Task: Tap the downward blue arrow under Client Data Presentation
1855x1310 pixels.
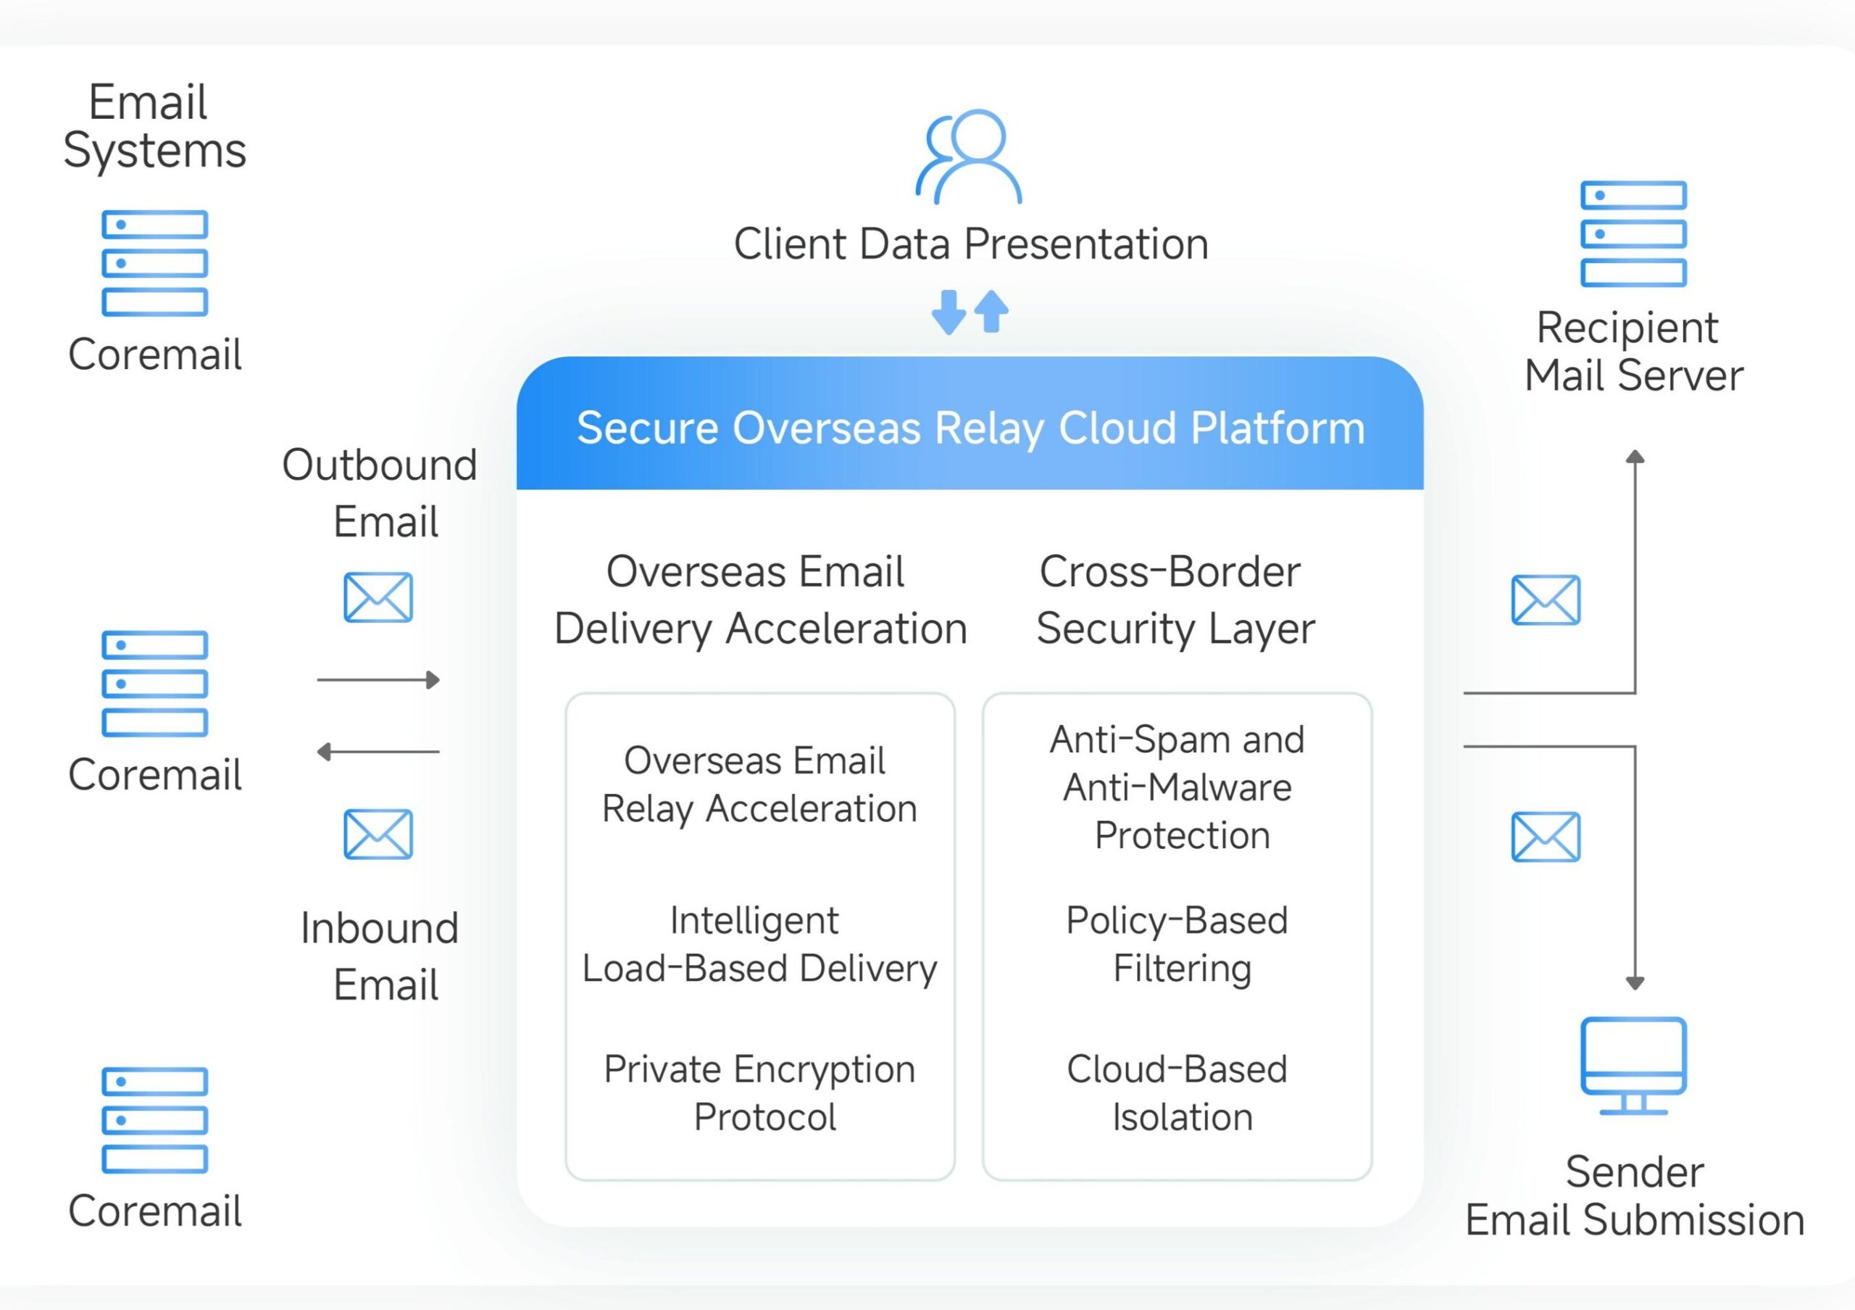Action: pos(949,312)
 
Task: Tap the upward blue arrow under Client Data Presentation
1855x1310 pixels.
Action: pos(991,312)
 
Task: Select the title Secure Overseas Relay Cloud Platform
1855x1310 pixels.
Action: pos(970,428)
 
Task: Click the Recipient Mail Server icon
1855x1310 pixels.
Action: pos(1633,234)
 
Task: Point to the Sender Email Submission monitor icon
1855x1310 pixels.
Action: pos(1633,1065)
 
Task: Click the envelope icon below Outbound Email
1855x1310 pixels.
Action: pos(378,598)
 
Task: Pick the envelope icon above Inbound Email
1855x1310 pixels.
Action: pos(378,834)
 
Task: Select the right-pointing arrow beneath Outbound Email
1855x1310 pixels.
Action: pos(378,681)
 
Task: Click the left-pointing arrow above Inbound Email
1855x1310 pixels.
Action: pos(378,753)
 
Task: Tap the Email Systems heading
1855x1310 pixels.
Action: pos(154,126)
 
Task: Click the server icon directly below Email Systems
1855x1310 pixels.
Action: pos(154,263)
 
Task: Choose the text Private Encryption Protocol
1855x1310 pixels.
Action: pos(760,1093)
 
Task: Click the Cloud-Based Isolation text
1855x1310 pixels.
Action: pos(1178,1093)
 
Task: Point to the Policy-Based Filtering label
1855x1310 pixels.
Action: pos(1178,944)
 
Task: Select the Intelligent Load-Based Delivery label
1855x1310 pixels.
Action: pos(759,944)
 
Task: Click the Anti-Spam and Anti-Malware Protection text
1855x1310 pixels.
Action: pos(1178,787)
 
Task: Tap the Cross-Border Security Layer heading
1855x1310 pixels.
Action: pos(1175,600)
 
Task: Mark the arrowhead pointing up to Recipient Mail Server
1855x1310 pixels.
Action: pos(1635,457)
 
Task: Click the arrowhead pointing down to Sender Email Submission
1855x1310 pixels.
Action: pos(1635,983)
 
